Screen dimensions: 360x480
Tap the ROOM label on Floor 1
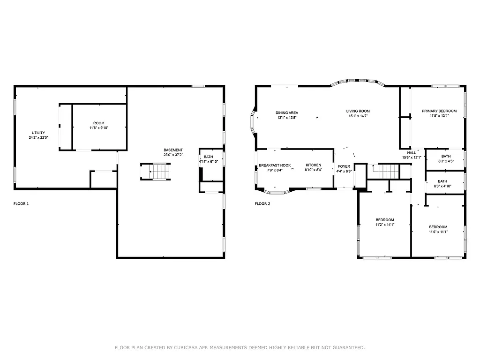[99, 123]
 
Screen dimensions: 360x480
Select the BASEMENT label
[173, 150]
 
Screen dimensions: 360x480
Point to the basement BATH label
[208, 157]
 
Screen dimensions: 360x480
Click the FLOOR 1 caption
[22, 204]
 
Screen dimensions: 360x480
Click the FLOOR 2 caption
[262, 204]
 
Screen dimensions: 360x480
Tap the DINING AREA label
[287, 112]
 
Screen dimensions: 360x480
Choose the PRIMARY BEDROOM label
[439, 111]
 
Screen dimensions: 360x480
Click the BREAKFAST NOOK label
[275, 165]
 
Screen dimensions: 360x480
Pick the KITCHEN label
[313, 165]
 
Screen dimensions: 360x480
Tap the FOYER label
[344, 166]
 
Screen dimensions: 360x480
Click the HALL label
[412, 153]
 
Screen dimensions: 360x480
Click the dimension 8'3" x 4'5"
[446, 161]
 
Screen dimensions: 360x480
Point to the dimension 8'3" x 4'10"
[442, 186]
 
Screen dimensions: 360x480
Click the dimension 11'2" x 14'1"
[385, 225]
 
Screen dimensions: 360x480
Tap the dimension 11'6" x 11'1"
[438, 232]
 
